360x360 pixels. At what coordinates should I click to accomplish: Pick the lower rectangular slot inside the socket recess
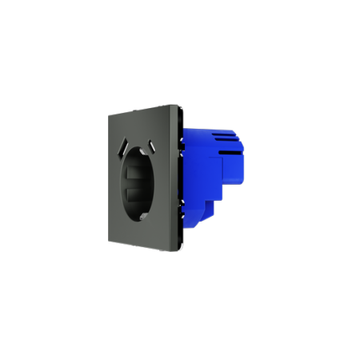(134, 194)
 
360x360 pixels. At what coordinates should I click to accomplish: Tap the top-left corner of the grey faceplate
(108, 115)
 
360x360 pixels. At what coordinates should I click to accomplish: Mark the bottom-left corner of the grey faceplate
(109, 239)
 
